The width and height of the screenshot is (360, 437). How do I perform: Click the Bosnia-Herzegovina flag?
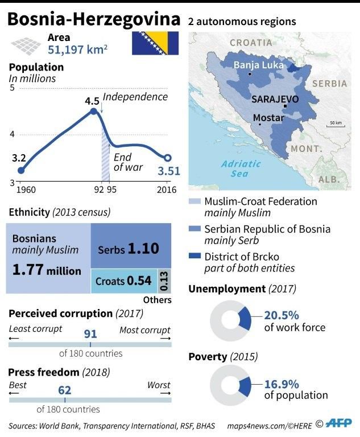(x=155, y=44)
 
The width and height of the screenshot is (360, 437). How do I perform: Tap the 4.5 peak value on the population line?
(x=92, y=101)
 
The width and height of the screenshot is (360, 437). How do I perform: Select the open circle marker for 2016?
(x=168, y=158)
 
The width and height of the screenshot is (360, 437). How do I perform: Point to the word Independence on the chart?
(x=135, y=97)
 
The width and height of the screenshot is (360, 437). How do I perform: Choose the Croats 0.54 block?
(x=123, y=281)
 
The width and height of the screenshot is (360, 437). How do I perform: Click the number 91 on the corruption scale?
(x=90, y=334)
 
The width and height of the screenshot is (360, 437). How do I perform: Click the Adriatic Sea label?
(x=240, y=168)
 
